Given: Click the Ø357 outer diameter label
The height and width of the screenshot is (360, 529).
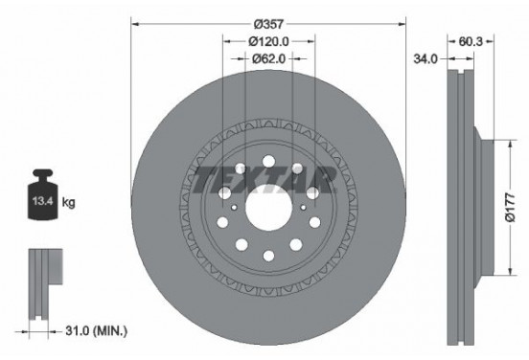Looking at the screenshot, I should pyautogui.click(x=267, y=18).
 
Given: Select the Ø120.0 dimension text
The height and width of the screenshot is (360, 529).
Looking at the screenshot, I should pyautogui.click(x=268, y=41).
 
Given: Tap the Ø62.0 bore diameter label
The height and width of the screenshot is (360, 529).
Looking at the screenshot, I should pyautogui.click(x=268, y=59).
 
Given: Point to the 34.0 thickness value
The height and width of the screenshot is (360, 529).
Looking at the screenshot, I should pyautogui.click(x=425, y=59).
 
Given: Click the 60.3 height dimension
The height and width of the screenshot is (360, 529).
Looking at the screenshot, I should pyautogui.click(x=471, y=41).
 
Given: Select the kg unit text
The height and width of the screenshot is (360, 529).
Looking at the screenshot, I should pyautogui.click(x=68, y=204).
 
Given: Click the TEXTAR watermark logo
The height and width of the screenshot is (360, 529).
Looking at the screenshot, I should pyautogui.click(x=264, y=176).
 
